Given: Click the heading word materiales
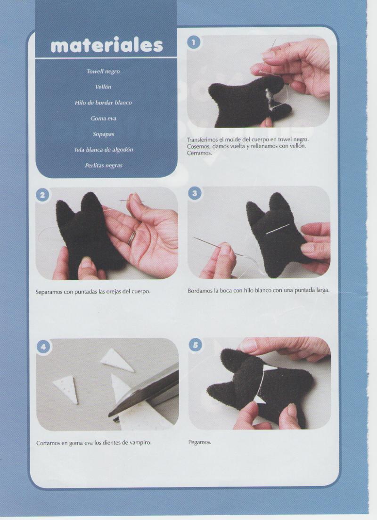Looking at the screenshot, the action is (107, 45).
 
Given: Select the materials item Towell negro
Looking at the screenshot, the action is (103, 71).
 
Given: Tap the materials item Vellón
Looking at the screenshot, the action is (103, 87).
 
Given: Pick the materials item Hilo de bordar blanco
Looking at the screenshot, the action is (103, 103).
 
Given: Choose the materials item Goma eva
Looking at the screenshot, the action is (103, 118).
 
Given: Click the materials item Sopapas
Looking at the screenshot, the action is (103, 134).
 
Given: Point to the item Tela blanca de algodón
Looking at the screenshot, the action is (103, 150).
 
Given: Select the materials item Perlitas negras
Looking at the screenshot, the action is (103, 165).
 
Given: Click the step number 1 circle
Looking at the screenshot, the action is (194, 42).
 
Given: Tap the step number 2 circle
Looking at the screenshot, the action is (42, 195).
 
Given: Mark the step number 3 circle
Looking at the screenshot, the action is (195, 193).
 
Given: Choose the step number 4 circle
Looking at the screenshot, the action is (43, 347).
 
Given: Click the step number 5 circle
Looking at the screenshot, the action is (196, 345).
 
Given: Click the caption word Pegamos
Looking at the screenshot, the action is (199, 442).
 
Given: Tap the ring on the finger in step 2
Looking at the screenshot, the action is (132, 237).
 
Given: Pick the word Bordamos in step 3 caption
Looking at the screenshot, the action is (200, 291).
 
